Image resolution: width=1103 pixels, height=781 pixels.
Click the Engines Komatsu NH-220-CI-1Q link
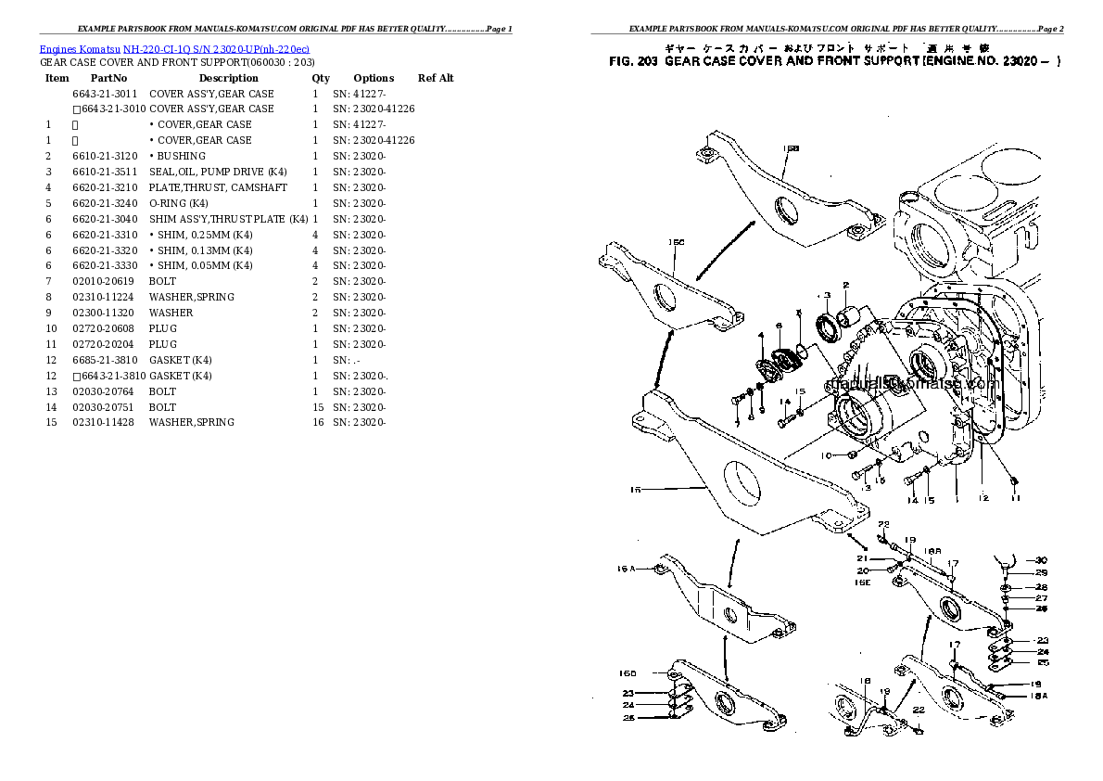[x=174, y=48]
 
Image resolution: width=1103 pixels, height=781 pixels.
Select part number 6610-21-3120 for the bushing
[x=105, y=156]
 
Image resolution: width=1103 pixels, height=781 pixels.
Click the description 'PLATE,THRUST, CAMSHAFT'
[x=218, y=187]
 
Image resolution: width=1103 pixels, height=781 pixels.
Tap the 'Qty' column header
[x=321, y=78]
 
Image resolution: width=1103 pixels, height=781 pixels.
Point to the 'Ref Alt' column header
[x=436, y=78]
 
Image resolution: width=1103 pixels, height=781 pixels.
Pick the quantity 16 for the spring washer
[x=318, y=422]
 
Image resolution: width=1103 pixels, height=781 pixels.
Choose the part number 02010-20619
[x=103, y=281]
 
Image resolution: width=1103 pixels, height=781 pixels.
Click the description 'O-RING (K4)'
[x=178, y=203]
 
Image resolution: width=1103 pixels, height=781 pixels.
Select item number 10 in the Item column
[x=52, y=328]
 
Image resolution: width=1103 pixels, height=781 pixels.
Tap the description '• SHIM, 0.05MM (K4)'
[x=200, y=265]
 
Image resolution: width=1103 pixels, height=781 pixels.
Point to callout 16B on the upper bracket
[x=791, y=148]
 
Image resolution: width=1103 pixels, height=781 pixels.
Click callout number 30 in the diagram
[x=1041, y=560]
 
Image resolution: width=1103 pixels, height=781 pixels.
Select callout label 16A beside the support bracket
[x=627, y=569]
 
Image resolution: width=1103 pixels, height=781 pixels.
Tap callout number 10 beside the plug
[x=826, y=455]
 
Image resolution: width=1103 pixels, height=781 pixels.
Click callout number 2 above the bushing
[x=845, y=285]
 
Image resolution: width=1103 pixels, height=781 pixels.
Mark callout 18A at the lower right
[x=1039, y=695]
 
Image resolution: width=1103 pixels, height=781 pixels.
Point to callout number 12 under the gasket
[x=983, y=498]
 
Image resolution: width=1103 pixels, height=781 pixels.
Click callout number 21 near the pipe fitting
[x=861, y=558]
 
